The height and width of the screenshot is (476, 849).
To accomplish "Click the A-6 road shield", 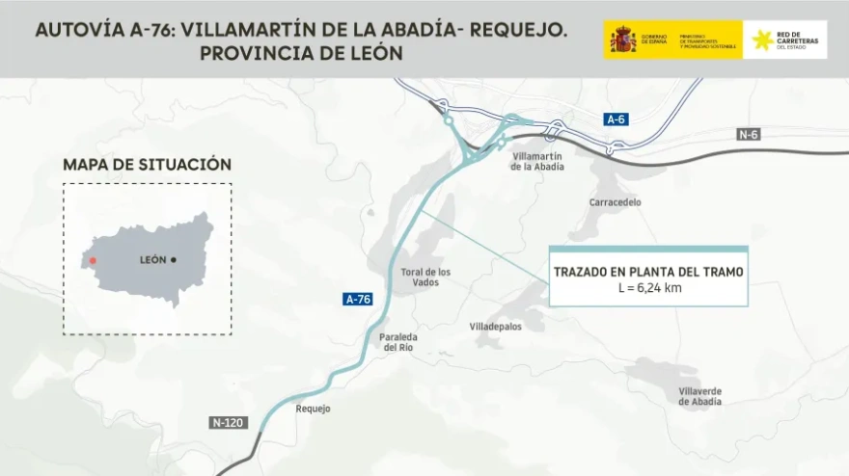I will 616,119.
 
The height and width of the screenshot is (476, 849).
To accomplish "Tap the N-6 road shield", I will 749,134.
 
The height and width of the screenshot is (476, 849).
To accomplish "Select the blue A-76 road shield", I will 358,300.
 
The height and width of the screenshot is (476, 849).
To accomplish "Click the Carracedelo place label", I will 615,202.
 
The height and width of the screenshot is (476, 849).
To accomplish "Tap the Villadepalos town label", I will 495,327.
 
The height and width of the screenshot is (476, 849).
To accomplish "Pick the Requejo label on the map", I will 313,409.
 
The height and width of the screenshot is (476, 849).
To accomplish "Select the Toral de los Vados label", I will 424,277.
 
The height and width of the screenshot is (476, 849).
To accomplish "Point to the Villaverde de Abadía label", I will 699,396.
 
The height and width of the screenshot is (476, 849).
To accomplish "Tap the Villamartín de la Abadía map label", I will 537,161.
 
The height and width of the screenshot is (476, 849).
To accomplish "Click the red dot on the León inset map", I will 93,260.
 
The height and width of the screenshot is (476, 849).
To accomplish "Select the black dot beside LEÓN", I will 174,260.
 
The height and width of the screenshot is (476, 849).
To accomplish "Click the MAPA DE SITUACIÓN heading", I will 147,165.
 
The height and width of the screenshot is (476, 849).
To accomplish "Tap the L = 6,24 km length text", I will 648,288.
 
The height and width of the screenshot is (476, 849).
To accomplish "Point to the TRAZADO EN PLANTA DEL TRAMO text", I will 648,272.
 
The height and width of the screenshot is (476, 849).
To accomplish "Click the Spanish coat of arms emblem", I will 623,40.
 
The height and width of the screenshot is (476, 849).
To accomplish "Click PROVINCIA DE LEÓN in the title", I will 301,54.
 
